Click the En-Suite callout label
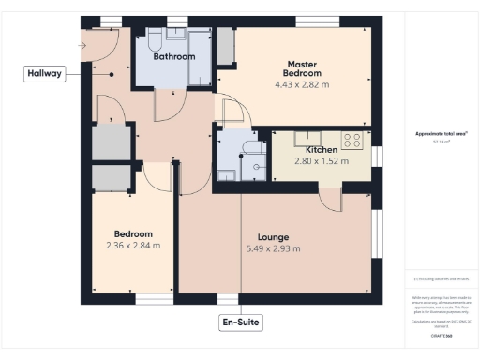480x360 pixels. pos(240,322)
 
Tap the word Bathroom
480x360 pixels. pos(175,57)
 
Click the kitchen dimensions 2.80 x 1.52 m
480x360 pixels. pos(321,161)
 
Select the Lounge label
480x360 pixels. pos(273,237)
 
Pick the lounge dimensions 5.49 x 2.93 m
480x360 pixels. pos(273,248)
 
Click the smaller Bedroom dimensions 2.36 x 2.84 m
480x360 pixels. pos(133,246)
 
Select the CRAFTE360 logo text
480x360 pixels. pos(442,334)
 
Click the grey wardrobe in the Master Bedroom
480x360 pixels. pos(225,47)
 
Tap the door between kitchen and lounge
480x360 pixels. pos(330,198)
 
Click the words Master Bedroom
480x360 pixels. pos(303,68)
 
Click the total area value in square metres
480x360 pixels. pos(442,142)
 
